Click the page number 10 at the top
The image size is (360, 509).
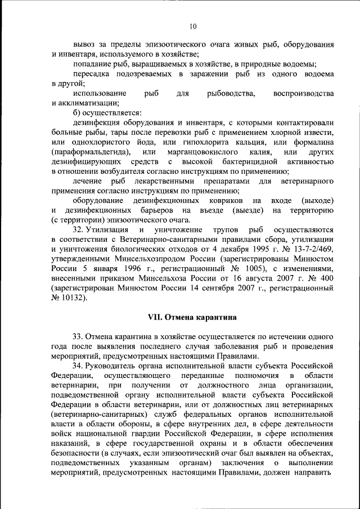tap(193, 26)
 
